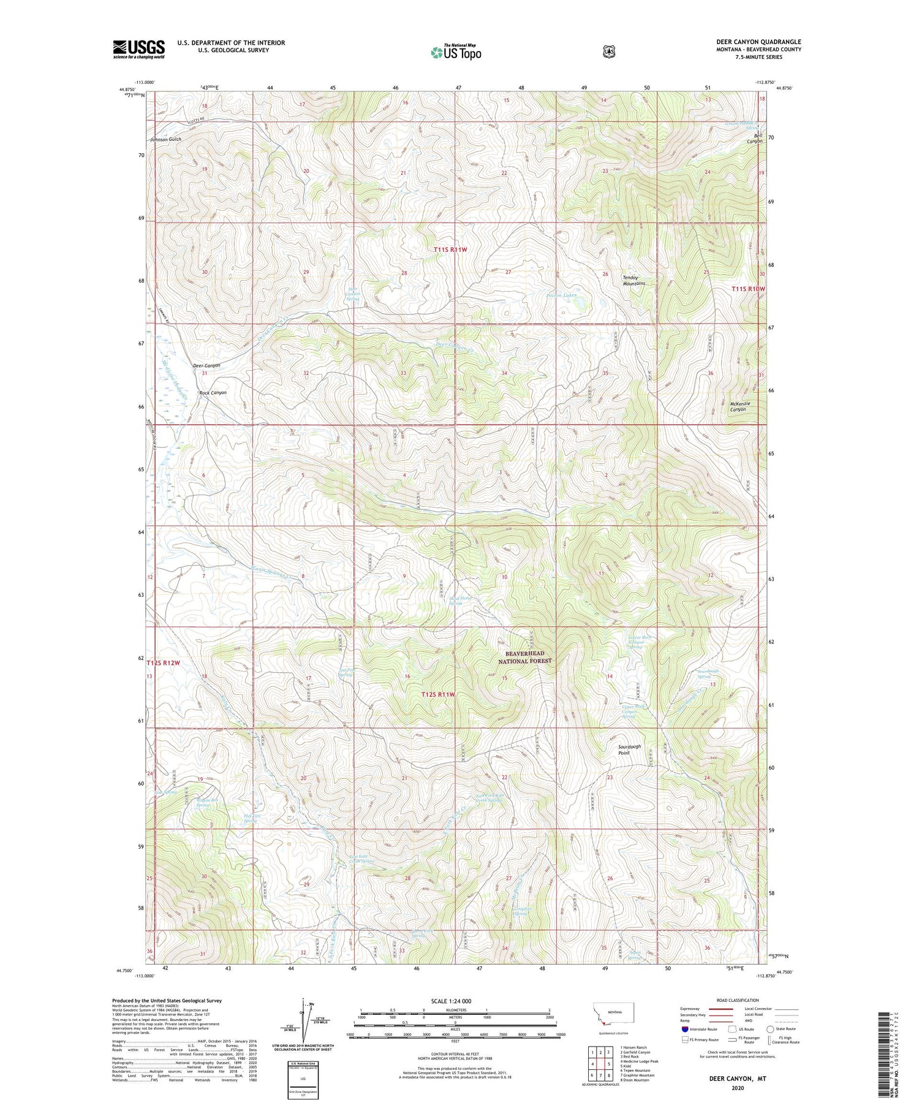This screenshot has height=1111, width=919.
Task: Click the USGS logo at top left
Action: point(138,49)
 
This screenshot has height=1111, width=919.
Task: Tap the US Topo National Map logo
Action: point(456,51)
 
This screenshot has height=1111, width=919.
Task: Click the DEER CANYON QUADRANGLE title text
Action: point(758,42)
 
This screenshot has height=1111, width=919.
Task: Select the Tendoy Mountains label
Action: point(633,280)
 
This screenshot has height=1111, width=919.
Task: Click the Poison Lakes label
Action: point(561,295)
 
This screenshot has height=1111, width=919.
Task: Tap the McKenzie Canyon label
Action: point(739,406)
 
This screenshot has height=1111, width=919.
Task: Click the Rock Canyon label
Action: point(213,393)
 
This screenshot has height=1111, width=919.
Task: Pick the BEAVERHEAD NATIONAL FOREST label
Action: point(524,658)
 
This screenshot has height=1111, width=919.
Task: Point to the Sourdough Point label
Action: point(629,749)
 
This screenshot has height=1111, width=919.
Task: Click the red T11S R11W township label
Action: point(450,249)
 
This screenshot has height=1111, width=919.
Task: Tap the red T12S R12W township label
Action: point(164,663)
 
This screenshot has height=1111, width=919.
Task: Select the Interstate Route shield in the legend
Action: point(685,1029)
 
